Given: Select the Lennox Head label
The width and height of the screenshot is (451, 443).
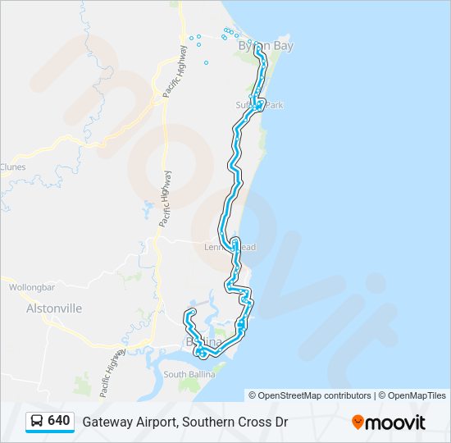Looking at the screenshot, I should click(x=230, y=248).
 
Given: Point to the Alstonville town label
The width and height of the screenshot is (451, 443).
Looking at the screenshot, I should click(x=54, y=309).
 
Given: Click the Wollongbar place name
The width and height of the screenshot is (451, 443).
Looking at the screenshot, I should click(x=31, y=288).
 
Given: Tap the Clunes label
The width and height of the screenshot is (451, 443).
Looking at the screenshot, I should click(x=12, y=167).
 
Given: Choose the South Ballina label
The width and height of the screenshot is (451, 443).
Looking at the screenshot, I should click(x=189, y=374).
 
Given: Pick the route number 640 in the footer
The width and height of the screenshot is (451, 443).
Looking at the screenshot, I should click(x=58, y=421).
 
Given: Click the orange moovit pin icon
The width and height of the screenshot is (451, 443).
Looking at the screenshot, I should click(x=358, y=422).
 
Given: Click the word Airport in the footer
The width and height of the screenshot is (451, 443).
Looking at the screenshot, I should click(x=154, y=422).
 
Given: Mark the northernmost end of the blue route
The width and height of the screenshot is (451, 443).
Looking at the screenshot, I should click(x=257, y=48).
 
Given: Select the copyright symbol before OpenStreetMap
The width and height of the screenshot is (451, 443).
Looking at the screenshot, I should click(x=253, y=395).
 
